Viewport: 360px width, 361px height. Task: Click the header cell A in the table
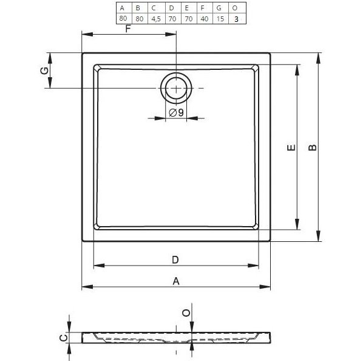(x=123, y=8)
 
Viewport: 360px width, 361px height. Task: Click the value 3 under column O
(x=236, y=19)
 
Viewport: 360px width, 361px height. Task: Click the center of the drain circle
(x=176, y=89)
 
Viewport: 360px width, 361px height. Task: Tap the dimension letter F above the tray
(x=128, y=29)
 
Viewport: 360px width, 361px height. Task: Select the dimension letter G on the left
(x=43, y=71)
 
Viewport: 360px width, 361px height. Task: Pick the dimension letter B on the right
(x=311, y=148)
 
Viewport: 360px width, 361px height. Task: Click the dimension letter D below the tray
(x=175, y=260)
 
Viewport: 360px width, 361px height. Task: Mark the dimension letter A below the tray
(x=176, y=281)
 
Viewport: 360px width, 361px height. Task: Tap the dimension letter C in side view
(x=61, y=338)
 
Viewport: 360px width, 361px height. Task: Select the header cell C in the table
(x=155, y=8)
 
